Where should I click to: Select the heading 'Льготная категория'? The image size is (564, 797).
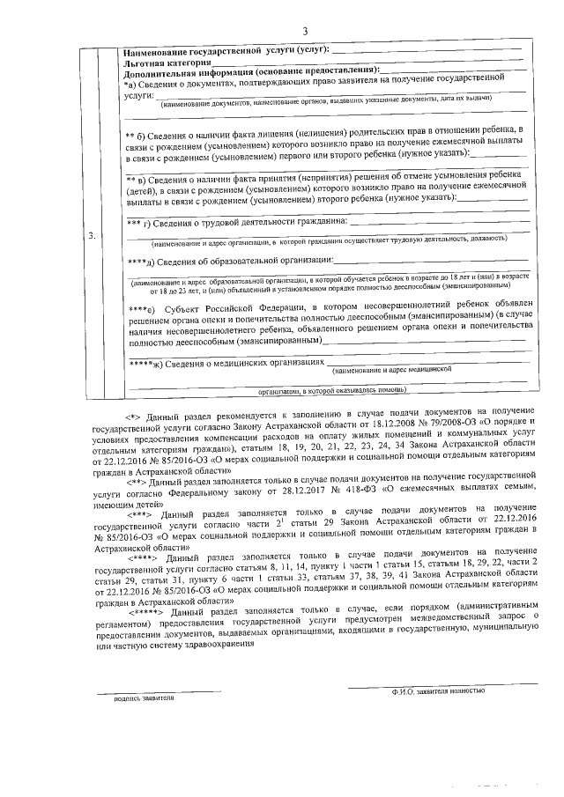168,63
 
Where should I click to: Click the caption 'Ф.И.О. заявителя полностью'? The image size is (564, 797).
438,691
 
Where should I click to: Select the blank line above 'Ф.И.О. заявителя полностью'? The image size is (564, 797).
438,684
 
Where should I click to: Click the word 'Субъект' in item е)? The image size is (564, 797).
193,308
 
